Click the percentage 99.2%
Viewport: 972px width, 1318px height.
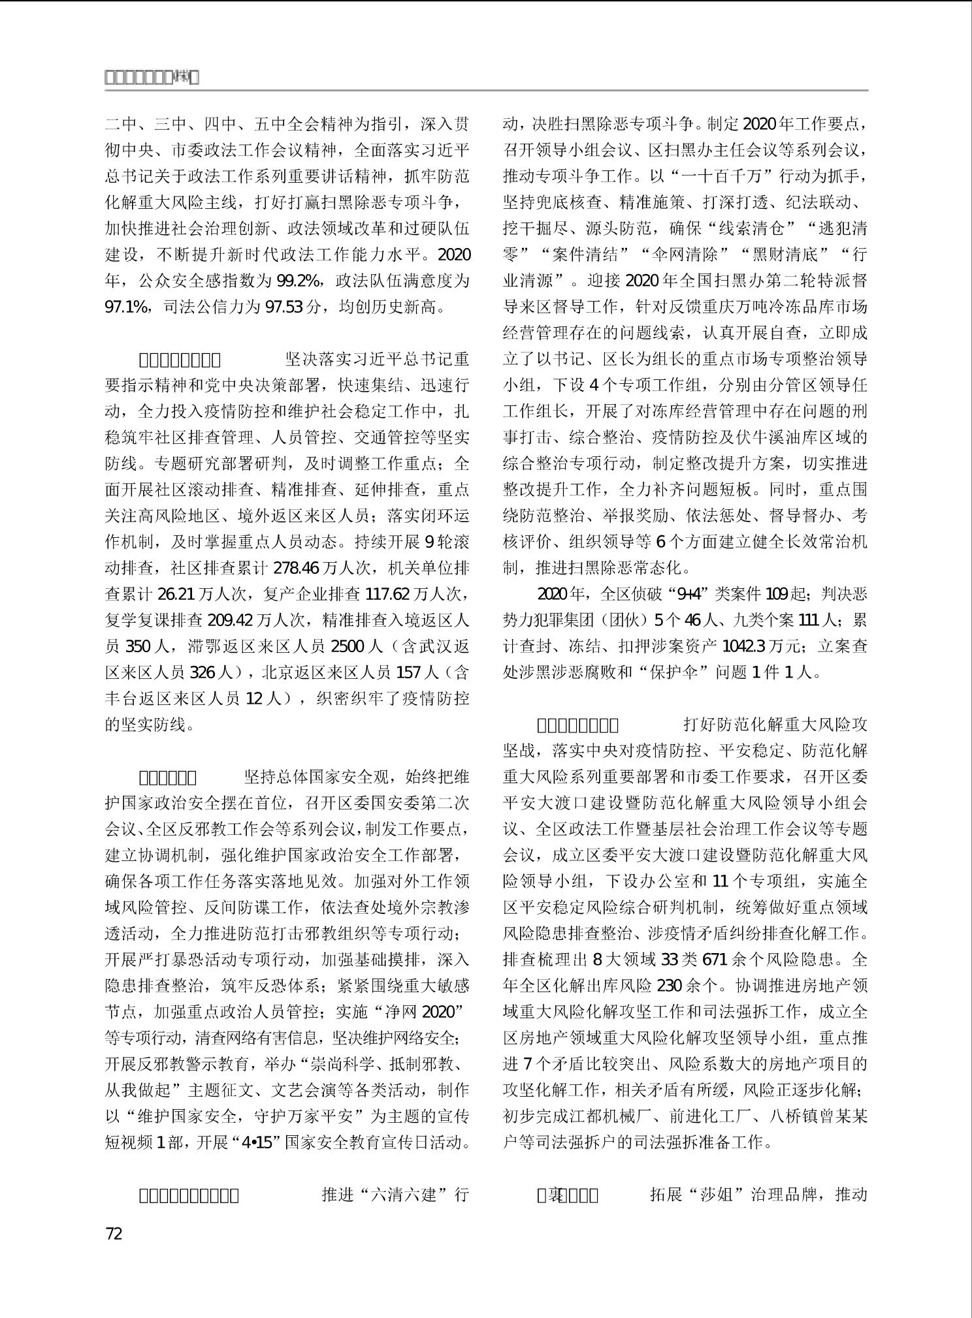coord(297,281)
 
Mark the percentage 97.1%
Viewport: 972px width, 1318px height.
coord(127,307)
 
